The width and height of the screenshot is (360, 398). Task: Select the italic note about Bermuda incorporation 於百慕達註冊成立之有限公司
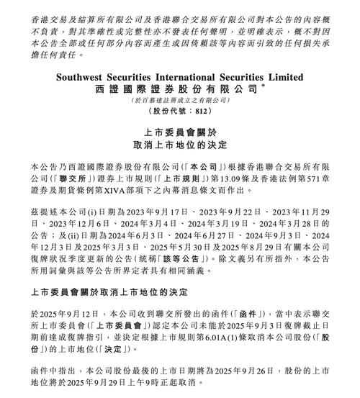(x=180, y=99)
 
